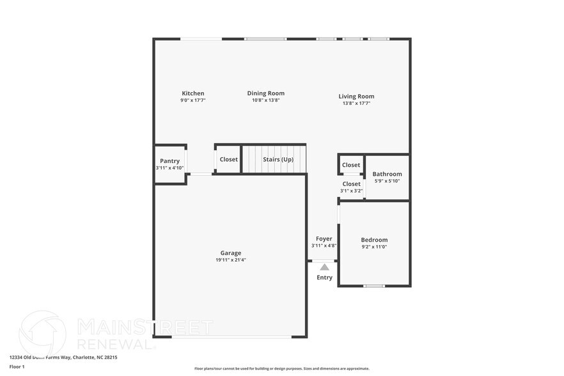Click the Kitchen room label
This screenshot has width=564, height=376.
(192, 93)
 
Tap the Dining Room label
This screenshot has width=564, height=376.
(265, 93)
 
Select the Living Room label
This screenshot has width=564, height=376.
(356, 97)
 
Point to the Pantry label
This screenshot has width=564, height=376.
(169, 161)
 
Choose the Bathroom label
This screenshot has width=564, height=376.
(387, 174)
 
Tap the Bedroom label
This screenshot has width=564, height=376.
(374, 240)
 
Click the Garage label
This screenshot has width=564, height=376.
(231, 253)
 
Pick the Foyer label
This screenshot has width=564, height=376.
(324, 239)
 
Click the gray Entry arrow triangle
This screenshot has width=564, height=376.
(324, 267)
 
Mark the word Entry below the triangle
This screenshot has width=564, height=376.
(324, 278)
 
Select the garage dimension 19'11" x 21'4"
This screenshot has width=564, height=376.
(231, 260)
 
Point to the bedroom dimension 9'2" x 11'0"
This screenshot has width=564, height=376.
(374, 247)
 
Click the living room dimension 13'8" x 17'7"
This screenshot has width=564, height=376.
(356, 103)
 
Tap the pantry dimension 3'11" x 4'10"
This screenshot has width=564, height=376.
(169, 168)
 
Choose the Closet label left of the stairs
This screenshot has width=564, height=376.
(228, 159)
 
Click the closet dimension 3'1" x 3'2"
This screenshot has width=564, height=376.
(351, 191)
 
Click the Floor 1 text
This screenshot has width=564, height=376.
(17, 366)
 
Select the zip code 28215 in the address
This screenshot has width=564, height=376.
(109, 357)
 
